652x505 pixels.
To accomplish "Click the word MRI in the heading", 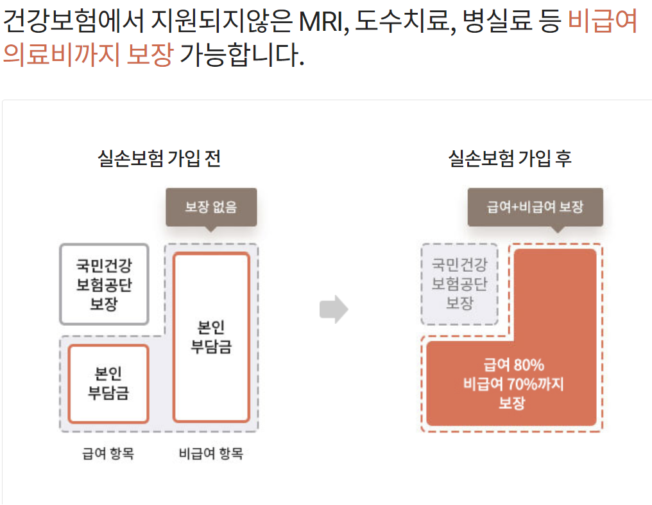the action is pyautogui.click(x=322, y=22).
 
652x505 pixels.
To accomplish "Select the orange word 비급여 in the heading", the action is pyautogui.click(x=603, y=22).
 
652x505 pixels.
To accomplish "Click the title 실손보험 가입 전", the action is pyautogui.click(x=159, y=158).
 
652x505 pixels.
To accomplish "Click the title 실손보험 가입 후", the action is pyautogui.click(x=510, y=158).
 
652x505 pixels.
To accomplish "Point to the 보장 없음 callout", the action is pyautogui.click(x=211, y=207).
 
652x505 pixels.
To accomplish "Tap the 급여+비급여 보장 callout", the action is pyautogui.click(x=535, y=207).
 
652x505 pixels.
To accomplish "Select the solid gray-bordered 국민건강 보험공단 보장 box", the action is pyautogui.click(x=104, y=284).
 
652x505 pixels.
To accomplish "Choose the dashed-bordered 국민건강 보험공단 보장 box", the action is pyautogui.click(x=459, y=283).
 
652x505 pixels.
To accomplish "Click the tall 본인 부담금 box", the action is pyautogui.click(x=211, y=337).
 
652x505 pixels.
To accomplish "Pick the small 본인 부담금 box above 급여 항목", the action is pyautogui.click(x=108, y=383).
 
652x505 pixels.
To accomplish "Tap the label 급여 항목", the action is pyautogui.click(x=108, y=454).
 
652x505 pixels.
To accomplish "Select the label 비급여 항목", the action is pyautogui.click(x=211, y=454).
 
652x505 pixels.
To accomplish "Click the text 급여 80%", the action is pyautogui.click(x=511, y=365).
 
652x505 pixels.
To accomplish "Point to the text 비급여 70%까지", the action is pyautogui.click(x=511, y=384).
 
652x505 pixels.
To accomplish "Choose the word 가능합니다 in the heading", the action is pyautogui.click(x=240, y=55).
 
